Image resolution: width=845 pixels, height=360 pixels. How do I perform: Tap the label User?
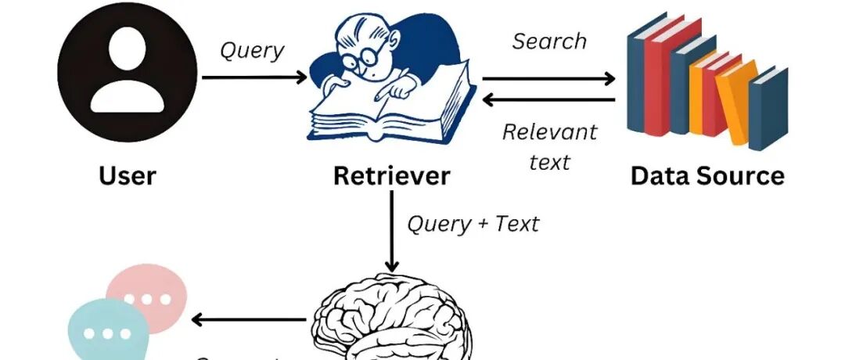click(x=127, y=175)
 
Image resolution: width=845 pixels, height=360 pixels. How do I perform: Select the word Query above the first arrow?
click(x=251, y=50)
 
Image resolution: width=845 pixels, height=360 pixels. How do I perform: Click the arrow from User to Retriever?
click(x=254, y=77)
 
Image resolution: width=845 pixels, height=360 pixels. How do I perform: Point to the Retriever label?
click(x=391, y=175)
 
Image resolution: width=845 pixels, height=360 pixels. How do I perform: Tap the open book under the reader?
click(x=391, y=113)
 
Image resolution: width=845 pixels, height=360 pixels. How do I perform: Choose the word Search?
click(x=549, y=41)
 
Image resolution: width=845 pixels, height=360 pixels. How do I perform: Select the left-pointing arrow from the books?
click(x=548, y=100)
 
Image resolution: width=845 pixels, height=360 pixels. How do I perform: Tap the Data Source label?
click(x=707, y=175)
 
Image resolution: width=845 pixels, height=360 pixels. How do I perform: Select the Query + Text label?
click(x=473, y=224)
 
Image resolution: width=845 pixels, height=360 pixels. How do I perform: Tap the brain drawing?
click(x=391, y=321)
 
